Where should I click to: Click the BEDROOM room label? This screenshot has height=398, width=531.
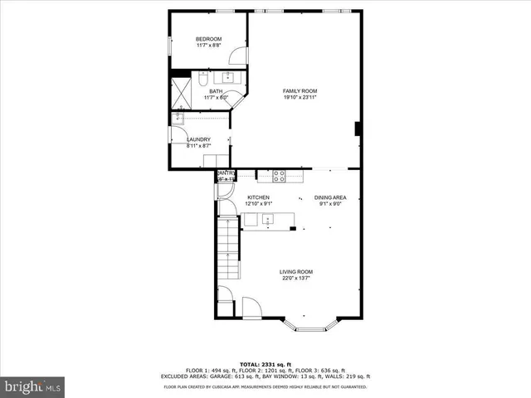click(x=208, y=39)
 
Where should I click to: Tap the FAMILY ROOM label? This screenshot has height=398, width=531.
click(x=300, y=91)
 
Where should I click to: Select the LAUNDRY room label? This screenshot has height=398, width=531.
click(x=198, y=139)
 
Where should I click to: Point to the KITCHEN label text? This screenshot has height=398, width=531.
click(x=259, y=197)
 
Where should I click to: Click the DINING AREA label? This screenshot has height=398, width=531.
click(x=329, y=197)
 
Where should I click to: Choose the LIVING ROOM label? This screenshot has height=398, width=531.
click(x=295, y=272)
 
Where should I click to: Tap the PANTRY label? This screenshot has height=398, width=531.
click(x=226, y=173)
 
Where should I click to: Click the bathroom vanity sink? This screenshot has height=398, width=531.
click(x=228, y=78)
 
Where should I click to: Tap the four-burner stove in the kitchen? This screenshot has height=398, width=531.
click(x=280, y=175)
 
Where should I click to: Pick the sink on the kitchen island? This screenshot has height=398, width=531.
click(x=268, y=220)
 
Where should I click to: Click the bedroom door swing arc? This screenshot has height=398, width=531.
click(x=238, y=56)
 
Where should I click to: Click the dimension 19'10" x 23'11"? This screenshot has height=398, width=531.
click(x=300, y=98)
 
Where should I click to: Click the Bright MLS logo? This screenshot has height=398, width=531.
click(x=32, y=386)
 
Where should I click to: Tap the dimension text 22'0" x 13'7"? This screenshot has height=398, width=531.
click(x=295, y=279)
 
